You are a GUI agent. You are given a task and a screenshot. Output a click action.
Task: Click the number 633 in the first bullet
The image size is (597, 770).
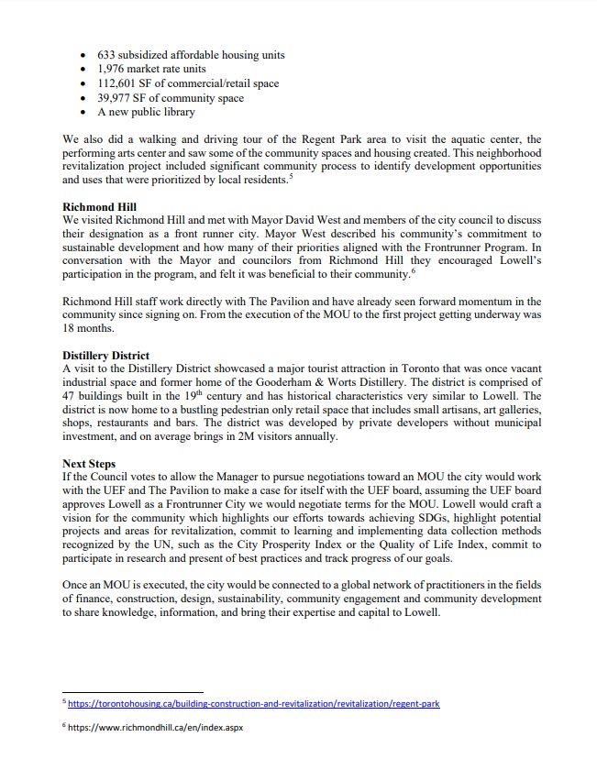[x=108, y=54]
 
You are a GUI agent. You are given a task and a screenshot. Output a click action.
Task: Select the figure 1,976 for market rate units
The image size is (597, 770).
[x=114, y=69]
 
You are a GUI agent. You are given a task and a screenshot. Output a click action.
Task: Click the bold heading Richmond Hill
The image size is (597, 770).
[x=99, y=208]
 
